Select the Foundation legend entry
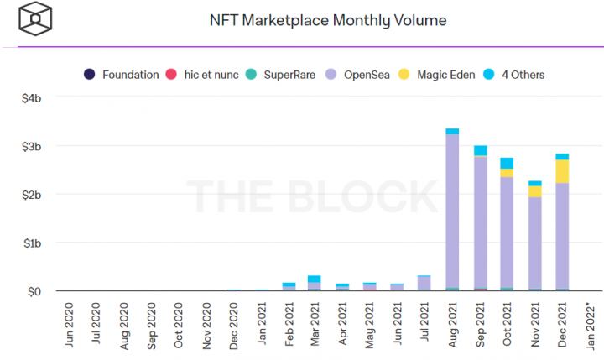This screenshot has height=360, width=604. (122, 75)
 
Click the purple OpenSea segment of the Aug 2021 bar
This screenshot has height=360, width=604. (452, 210)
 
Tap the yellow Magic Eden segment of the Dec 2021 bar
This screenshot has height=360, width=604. (562, 171)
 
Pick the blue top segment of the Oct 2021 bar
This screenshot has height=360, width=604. (507, 163)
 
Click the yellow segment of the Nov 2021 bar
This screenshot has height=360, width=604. (534, 191)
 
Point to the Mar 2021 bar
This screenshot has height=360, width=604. (315, 284)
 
